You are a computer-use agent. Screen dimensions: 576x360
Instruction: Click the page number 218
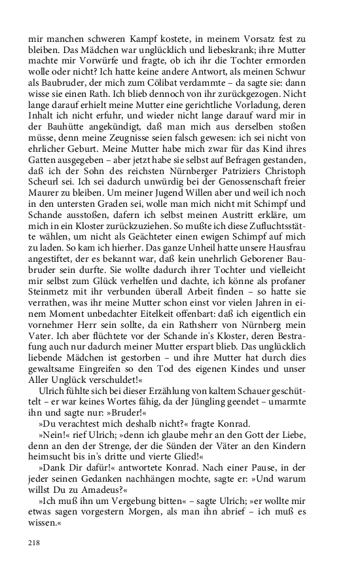(33, 543)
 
